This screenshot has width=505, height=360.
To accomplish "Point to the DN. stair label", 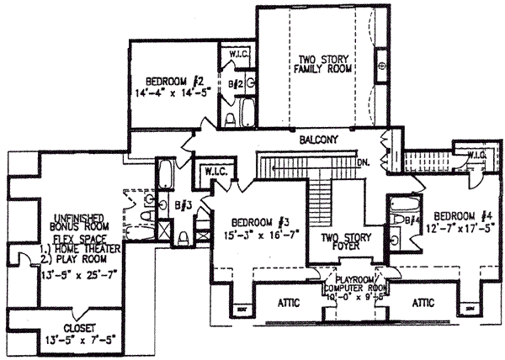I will pos(364,161).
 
